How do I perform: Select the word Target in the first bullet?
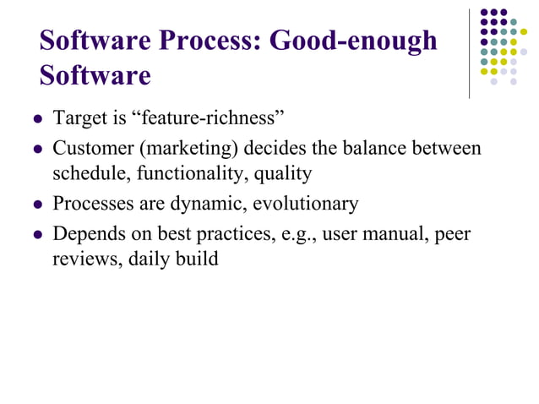(x=79, y=117)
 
